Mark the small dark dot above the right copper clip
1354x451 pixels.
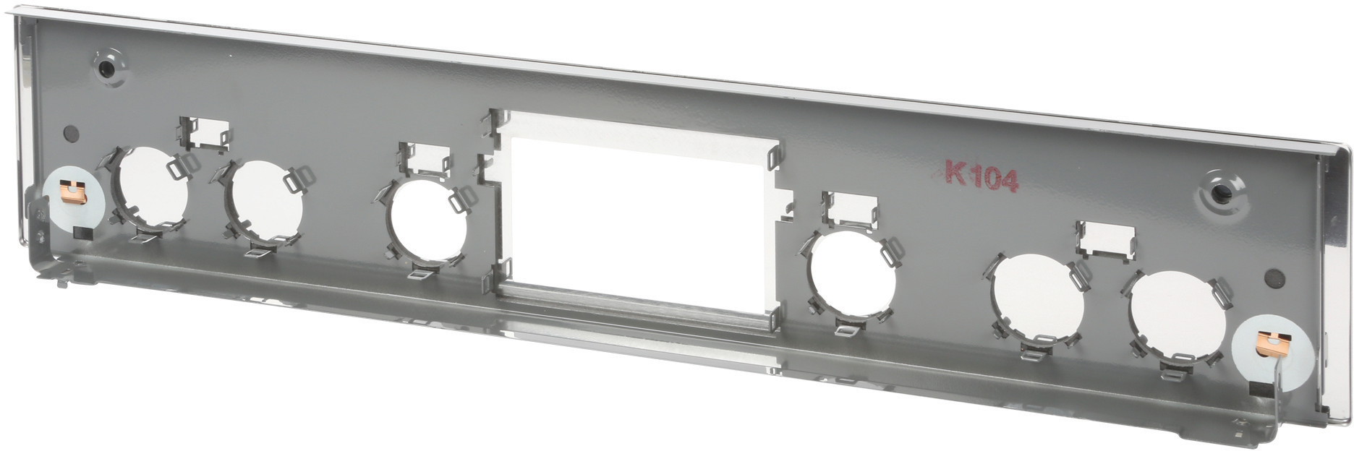point(1275,277)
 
